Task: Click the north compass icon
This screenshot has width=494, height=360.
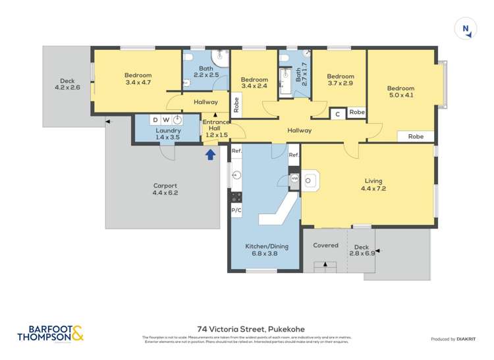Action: click(466, 28)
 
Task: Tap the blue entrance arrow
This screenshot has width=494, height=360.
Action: click(211, 155)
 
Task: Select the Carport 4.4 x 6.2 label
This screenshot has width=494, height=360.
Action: click(165, 190)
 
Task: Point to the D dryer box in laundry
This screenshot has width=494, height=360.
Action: click(155, 120)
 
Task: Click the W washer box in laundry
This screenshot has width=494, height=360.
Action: click(166, 120)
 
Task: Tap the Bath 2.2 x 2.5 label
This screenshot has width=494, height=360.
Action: click(206, 71)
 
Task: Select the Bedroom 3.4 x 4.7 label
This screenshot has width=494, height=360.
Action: click(138, 78)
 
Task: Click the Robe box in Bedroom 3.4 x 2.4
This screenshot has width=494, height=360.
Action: click(236, 105)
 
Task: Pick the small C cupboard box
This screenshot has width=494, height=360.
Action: click(337, 113)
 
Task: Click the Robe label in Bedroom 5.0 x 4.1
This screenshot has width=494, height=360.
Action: click(416, 137)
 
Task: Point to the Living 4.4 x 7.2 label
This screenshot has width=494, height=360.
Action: click(373, 185)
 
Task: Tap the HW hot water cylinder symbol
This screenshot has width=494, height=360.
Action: click(294, 178)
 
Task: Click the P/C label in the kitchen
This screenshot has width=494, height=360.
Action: click(236, 210)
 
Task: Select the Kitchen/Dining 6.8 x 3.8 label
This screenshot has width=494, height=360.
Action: click(265, 249)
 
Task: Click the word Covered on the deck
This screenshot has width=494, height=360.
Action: click(325, 245)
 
